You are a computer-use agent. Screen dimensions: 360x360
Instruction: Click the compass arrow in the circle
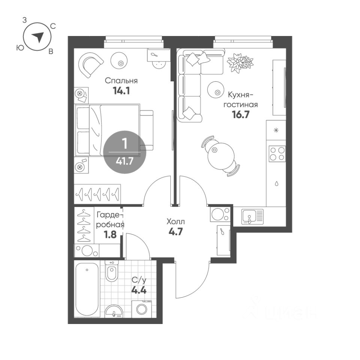click(x=38, y=37)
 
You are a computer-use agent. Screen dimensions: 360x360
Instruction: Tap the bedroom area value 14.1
click(x=121, y=91)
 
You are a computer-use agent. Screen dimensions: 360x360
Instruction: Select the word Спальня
click(x=121, y=81)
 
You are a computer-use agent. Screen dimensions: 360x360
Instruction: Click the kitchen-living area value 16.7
click(x=240, y=114)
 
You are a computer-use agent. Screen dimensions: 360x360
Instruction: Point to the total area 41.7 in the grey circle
click(x=124, y=161)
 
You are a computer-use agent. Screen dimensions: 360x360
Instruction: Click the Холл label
click(x=175, y=222)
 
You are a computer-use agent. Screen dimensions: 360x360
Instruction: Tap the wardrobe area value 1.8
click(x=110, y=234)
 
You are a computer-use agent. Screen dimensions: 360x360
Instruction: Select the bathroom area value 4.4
click(x=139, y=290)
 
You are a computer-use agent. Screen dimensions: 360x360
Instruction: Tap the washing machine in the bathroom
click(x=141, y=309)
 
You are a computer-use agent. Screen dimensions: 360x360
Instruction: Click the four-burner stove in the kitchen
click(x=277, y=154)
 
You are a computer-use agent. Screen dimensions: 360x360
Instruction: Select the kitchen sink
click(x=252, y=216)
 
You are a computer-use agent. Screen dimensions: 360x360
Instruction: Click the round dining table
click(x=221, y=155)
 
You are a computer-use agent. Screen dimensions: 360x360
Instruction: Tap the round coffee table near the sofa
click(x=215, y=90)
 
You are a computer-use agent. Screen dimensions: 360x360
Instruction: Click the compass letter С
click(x=53, y=27)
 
